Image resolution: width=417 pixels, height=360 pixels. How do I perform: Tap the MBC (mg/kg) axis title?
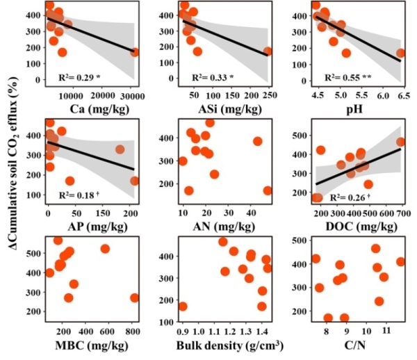93,345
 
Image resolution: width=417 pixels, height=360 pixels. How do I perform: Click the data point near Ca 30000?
135,52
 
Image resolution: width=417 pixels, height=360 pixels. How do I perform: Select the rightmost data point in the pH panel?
401,53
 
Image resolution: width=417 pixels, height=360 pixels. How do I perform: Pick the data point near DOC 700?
401,142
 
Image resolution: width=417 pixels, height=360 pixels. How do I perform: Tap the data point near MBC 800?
135,298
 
